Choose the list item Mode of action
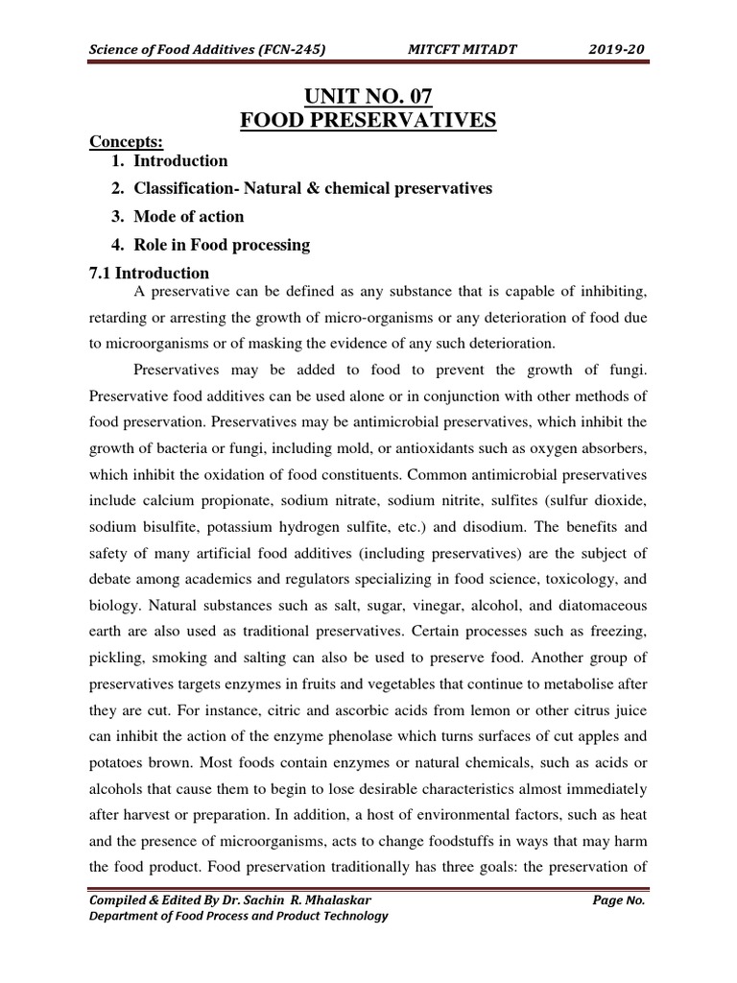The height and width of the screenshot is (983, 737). tap(188, 216)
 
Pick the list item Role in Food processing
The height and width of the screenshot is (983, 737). tap(222, 245)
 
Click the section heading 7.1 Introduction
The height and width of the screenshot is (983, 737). tap(149, 273)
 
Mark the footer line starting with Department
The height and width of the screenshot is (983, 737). tap(238, 916)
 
